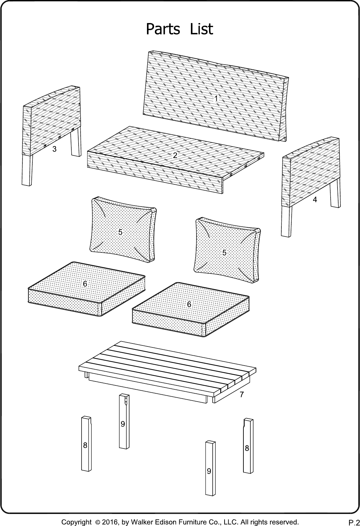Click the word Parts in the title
pos(163,29)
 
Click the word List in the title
pos(201,29)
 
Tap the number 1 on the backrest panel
pos(216,98)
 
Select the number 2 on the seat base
pos(175,155)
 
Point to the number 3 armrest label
pos(54,149)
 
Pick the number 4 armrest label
pos(315,200)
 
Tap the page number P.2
pos(354,522)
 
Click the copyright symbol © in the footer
pos(98,522)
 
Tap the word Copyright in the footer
pos(76,522)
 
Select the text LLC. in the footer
pos(230,522)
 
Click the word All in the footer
pos(243,522)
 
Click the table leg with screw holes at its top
pos(124,421)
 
